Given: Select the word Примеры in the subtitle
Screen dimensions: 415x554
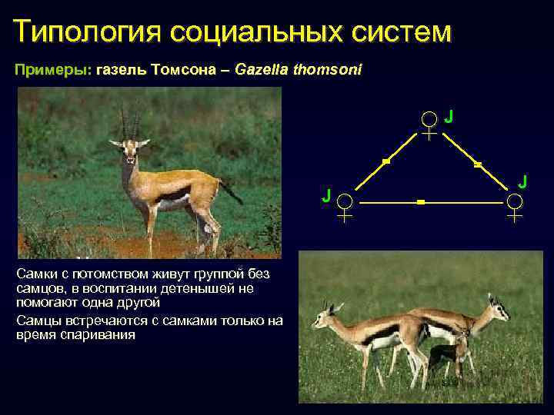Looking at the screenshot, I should (51, 70).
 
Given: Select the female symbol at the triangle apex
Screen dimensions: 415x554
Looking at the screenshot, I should (429, 122).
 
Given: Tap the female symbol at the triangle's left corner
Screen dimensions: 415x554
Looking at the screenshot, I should (345, 206).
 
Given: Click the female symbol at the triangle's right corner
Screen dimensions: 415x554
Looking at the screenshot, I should (514, 205).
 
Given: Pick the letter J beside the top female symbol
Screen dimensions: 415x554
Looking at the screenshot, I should (448, 116).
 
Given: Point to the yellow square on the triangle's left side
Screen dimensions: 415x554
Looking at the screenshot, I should (386, 161).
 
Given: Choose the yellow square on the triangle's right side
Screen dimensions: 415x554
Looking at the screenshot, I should (477, 164).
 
